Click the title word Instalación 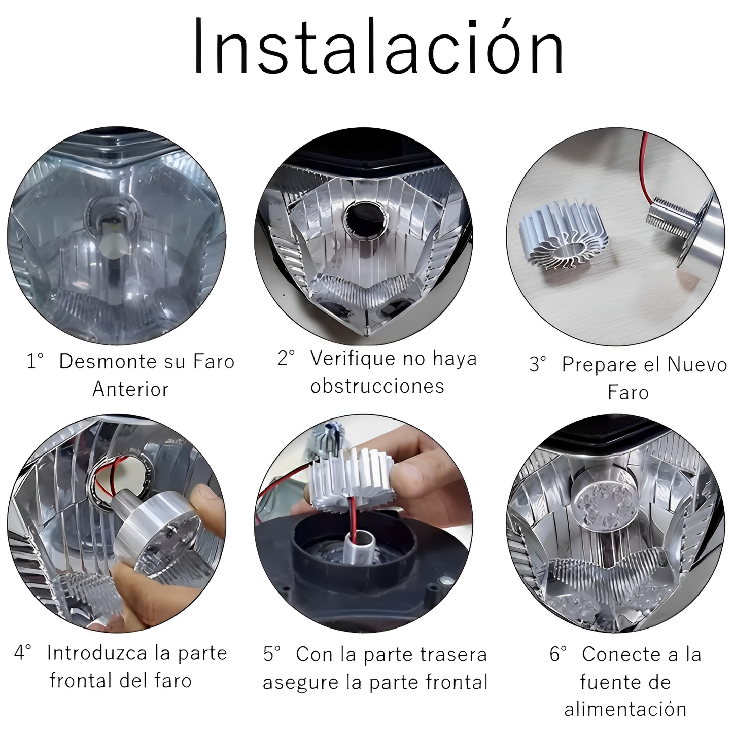coord(378,47)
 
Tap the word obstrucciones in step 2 coord(377,387)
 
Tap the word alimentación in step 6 coord(625,709)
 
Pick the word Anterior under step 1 coord(130,390)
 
